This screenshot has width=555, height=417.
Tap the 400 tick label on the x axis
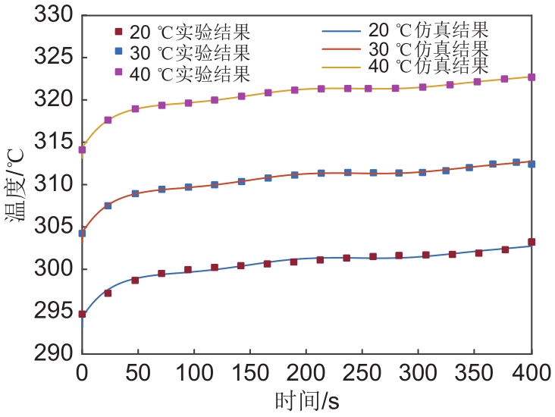[x=531, y=374]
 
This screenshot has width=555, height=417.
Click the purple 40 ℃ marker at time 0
[x=82, y=150]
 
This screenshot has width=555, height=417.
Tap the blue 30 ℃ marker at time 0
[x=82, y=234]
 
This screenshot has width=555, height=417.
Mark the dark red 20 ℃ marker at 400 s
[x=531, y=242]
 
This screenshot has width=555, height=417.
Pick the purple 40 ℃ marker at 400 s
[x=531, y=77]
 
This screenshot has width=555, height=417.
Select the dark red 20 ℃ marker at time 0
[x=82, y=314]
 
